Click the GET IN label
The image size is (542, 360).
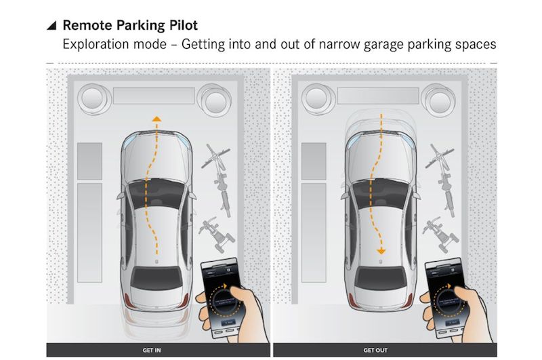pos(151,351)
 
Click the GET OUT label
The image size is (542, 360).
pos(375,351)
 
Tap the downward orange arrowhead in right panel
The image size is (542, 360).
pos(381,252)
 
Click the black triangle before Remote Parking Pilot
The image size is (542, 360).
pos(51,26)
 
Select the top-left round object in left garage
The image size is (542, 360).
pos(94,99)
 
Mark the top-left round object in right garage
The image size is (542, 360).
pos(317,99)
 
